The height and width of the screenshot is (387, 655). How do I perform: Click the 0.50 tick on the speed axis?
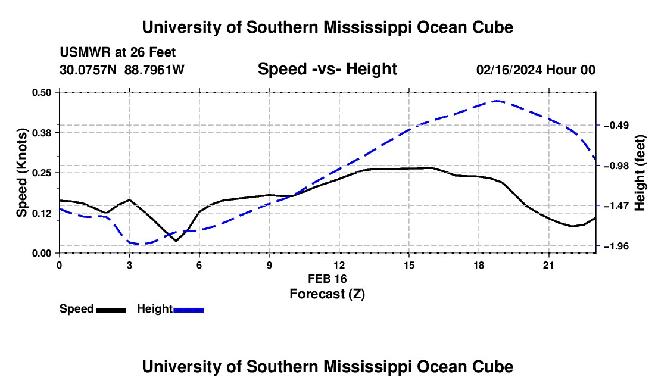coord(41,93)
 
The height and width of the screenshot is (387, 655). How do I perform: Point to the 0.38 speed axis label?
coord(41,133)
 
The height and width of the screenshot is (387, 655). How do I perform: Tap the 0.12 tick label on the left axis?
coord(41,213)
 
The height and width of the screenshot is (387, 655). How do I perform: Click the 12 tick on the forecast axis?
coord(339,266)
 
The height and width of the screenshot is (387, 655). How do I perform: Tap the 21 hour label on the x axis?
coord(548,266)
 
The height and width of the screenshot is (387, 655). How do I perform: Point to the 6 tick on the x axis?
coord(199,266)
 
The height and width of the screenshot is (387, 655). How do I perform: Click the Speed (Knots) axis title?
coord(21,173)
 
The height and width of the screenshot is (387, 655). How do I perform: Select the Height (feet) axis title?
coord(640,173)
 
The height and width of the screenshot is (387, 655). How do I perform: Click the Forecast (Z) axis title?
coord(327,294)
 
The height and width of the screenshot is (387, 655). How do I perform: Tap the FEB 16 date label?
coord(327,279)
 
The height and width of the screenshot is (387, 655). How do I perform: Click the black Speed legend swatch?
coord(111,310)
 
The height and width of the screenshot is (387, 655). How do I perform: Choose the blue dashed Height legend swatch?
coord(188,310)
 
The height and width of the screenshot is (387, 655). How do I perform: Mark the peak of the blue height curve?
coord(496,101)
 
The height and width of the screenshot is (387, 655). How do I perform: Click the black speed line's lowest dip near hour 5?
coord(176,241)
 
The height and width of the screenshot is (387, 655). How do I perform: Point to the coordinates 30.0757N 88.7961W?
coord(122,70)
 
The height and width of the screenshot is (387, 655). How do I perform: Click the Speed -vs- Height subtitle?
coord(327,69)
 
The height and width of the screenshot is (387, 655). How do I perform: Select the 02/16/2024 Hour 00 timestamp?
coord(536,70)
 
